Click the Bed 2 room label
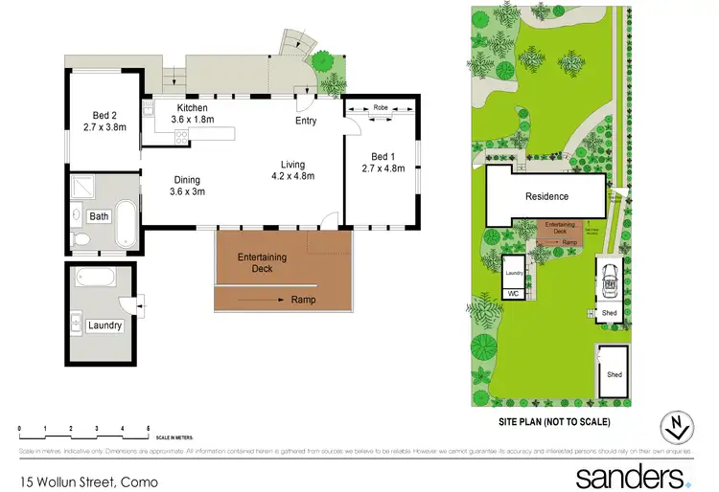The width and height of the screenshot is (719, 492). (104, 120)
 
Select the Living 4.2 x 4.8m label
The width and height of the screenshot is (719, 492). (293, 169)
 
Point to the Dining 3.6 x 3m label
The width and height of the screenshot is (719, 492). (187, 185)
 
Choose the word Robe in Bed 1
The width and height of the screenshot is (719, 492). (381, 107)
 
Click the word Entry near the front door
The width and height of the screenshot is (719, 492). (306, 122)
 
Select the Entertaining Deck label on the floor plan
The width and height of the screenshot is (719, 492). (256, 262)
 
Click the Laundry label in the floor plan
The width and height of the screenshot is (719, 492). (104, 325)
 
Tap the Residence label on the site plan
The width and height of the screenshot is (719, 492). (546, 197)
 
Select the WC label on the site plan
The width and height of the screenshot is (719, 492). (512, 293)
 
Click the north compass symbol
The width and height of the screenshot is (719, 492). (678, 424)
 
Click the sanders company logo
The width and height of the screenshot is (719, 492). (633, 476)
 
